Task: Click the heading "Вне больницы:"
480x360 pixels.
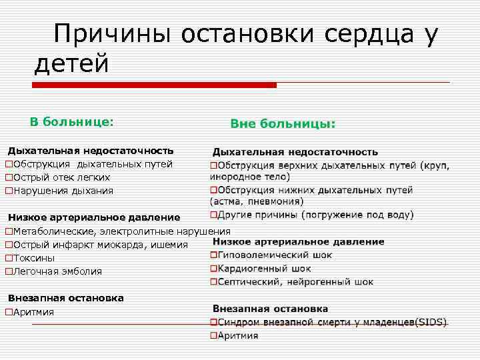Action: coord(283,124)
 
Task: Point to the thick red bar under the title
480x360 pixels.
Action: coord(155,85)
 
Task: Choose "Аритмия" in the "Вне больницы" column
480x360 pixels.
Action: coord(238,336)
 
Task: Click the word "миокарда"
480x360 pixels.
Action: coord(133,245)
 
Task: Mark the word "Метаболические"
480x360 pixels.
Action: coord(54,231)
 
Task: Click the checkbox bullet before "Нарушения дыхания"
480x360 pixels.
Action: coord(9,191)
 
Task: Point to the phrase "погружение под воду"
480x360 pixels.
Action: coord(357,215)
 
